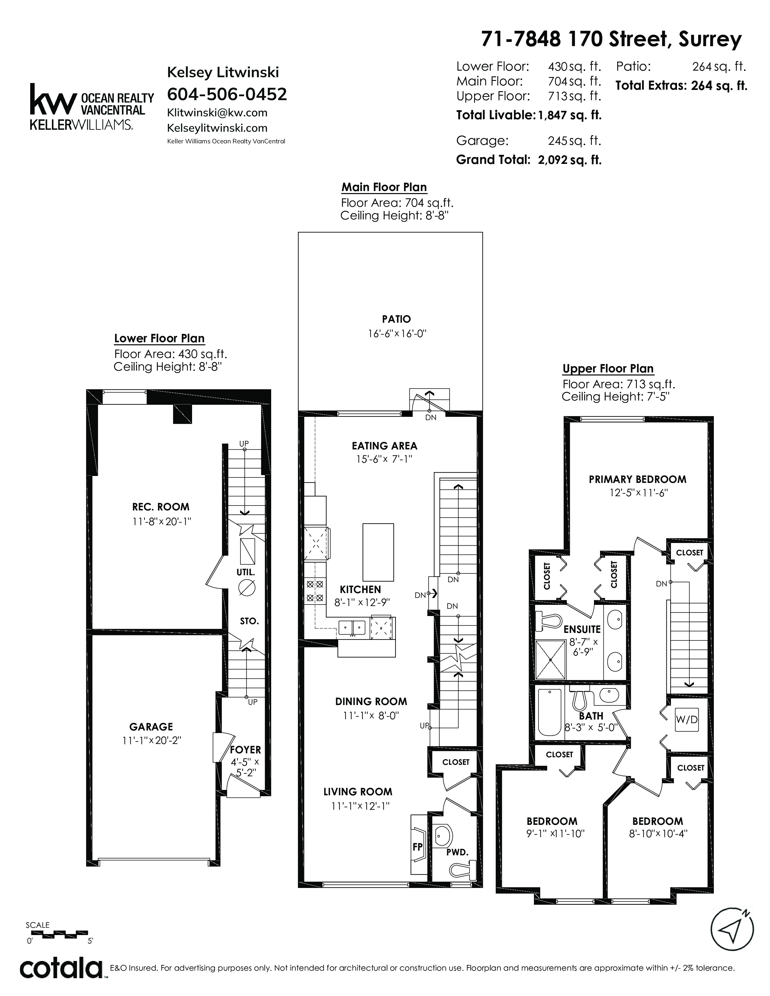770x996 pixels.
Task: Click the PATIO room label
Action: pyautogui.click(x=396, y=319)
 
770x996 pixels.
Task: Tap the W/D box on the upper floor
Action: pyautogui.click(x=687, y=720)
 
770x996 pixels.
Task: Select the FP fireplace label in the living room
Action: pyautogui.click(x=417, y=847)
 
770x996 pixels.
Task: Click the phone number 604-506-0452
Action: pyautogui.click(x=227, y=94)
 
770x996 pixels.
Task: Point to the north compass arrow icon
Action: pyautogui.click(x=733, y=929)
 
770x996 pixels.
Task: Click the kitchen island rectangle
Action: pyautogui.click(x=378, y=551)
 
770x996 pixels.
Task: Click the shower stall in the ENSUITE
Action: pyautogui.click(x=550, y=660)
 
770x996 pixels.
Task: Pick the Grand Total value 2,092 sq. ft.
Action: pyautogui.click(x=570, y=160)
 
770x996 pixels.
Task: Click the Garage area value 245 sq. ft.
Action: pyautogui.click(x=575, y=141)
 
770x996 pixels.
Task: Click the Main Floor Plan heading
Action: pyautogui.click(x=384, y=187)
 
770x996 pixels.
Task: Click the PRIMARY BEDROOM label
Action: pyautogui.click(x=637, y=479)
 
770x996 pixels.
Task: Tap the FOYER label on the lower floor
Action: pyautogui.click(x=245, y=750)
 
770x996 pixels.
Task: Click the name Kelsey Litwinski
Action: pyautogui.click(x=223, y=72)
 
